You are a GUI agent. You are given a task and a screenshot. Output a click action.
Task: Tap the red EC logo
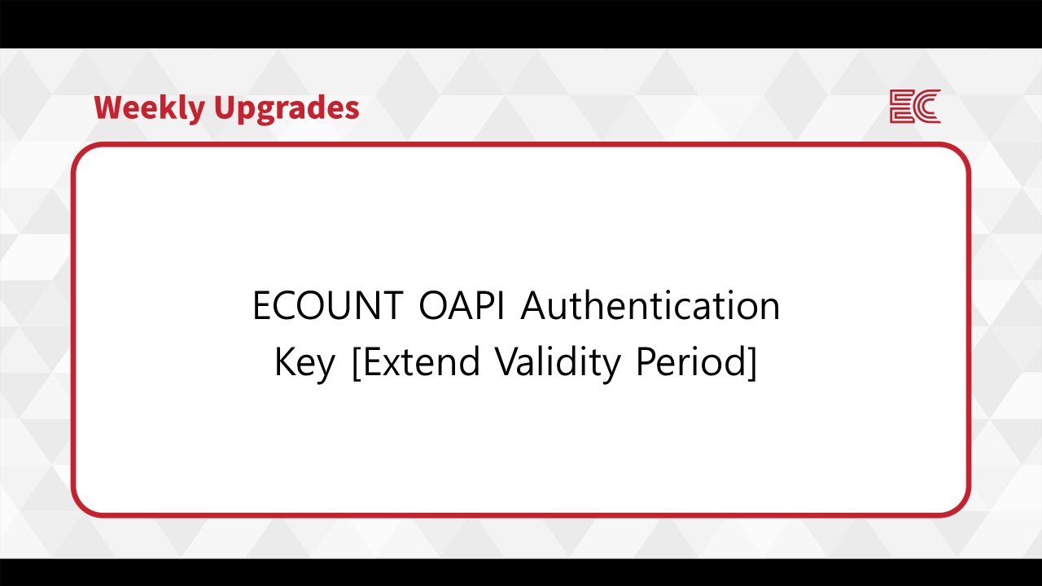[x=915, y=107]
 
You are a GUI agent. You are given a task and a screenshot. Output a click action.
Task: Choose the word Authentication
[x=650, y=307]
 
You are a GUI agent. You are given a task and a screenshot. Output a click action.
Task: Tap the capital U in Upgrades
[x=225, y=107]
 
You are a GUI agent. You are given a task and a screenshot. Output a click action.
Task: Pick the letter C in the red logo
[x=929, y=107]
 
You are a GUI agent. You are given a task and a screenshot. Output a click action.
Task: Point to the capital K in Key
[x=287, y=362]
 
